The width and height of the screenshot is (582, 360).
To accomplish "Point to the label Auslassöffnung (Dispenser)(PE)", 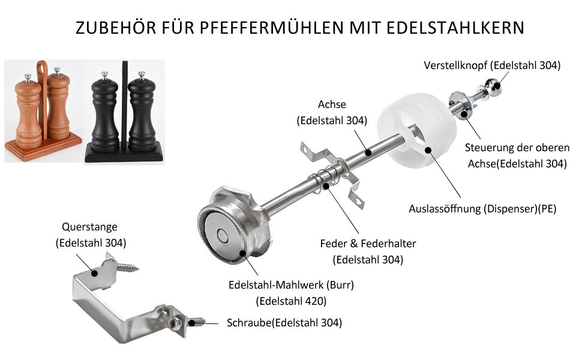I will click(482, 209).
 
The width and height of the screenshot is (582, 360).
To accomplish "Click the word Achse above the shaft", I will click(332, 105).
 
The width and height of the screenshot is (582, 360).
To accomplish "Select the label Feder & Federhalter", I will click(368, 244).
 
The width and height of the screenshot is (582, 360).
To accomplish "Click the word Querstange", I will click(90, 227).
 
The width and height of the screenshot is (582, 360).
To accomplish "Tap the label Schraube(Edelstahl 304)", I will click(284, 323).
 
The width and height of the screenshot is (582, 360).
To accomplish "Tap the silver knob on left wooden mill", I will click(26, 78).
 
